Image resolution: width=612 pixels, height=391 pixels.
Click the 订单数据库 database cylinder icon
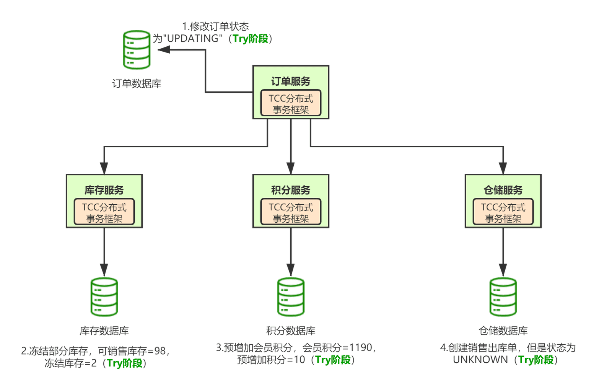137,50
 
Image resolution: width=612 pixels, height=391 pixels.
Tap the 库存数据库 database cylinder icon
104,297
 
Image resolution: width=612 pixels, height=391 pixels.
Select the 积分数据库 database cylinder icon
291,297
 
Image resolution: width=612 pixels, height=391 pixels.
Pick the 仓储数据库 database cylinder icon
503,297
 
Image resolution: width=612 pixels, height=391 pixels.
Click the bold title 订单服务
291,81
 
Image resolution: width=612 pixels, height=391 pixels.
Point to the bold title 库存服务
104,190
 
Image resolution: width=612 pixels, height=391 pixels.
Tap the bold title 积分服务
291,190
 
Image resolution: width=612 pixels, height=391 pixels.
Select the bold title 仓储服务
503,190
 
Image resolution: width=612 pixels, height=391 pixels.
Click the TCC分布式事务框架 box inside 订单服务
291,103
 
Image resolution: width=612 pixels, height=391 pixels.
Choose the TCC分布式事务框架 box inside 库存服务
104,212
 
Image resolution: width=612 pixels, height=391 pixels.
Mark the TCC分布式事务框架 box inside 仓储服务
503,212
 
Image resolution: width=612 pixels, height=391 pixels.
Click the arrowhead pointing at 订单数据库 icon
164,49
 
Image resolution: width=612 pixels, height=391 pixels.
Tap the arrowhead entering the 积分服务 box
291,168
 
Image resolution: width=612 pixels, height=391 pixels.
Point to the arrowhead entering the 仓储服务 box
503,168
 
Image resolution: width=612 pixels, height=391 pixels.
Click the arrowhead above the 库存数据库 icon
104,270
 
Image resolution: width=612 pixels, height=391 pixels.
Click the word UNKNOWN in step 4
480,360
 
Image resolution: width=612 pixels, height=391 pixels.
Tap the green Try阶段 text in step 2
125,363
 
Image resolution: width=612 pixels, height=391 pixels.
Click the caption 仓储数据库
503,331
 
